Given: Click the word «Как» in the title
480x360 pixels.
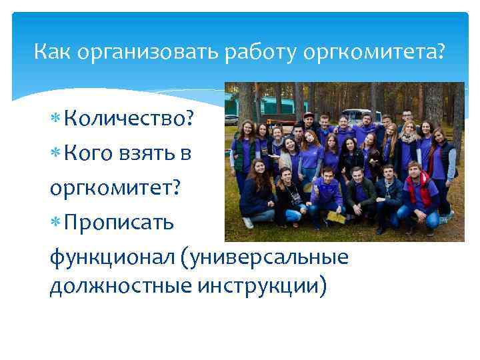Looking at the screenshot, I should (53, 51).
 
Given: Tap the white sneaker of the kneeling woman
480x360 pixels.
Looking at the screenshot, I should (248, 222).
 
